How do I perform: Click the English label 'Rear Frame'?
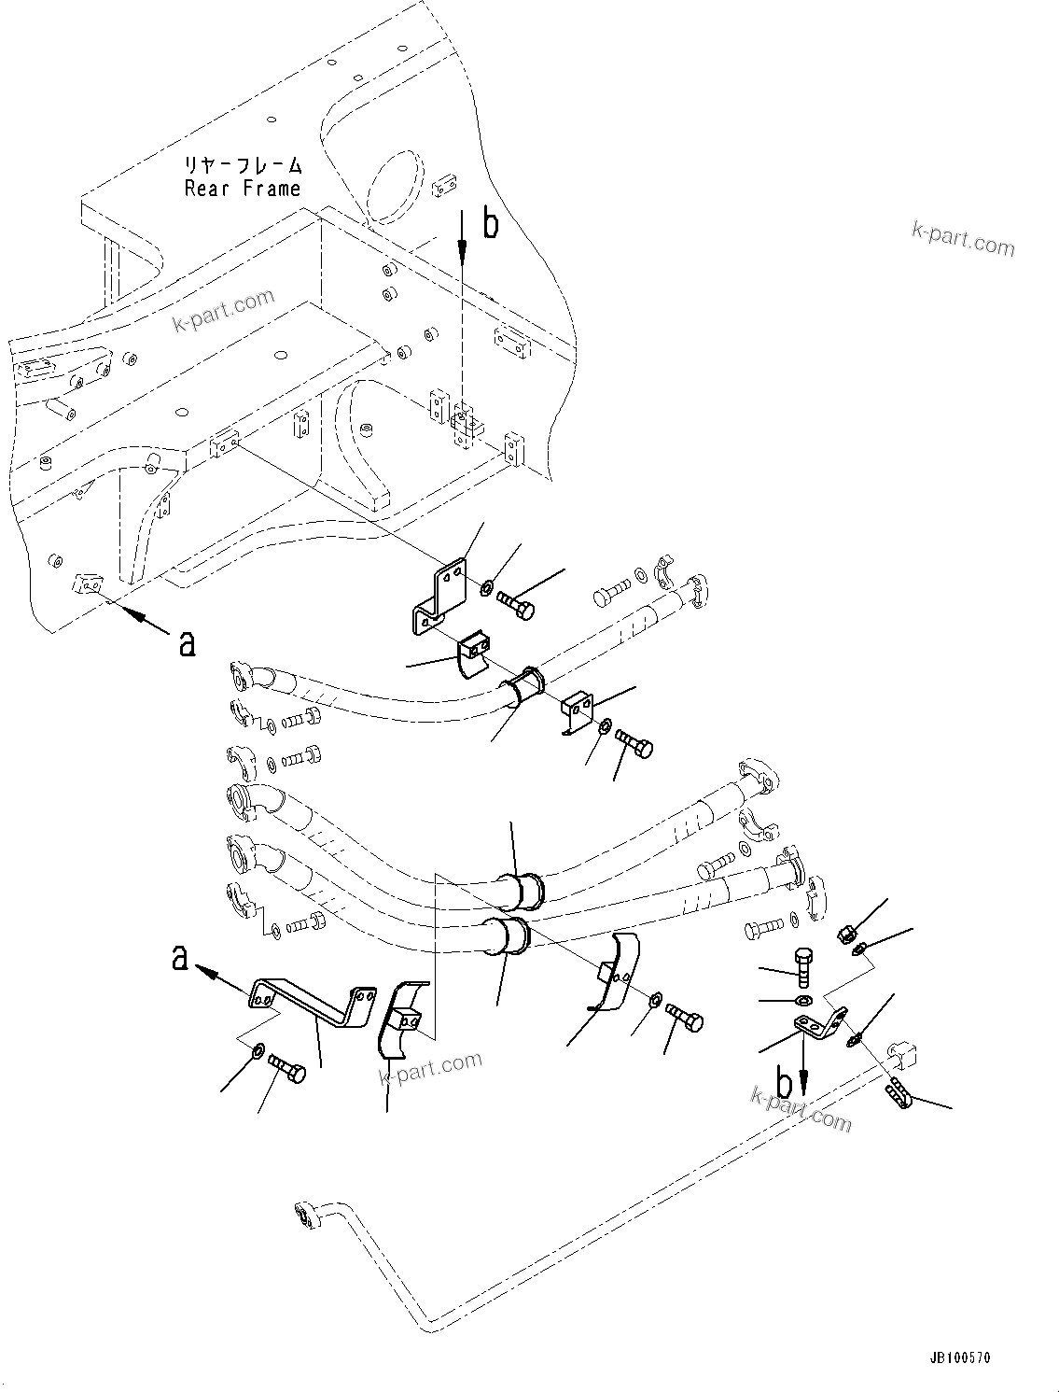tap(243, 189)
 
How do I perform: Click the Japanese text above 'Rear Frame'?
tap(243, 166)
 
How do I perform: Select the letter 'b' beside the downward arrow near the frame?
tap(490, 224)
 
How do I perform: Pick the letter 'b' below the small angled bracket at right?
tap(786, 1083)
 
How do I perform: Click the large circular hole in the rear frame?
tap(397, 184)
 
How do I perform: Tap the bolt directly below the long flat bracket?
tap(286, 1069)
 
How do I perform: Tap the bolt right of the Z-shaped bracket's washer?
tap(515, 604)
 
